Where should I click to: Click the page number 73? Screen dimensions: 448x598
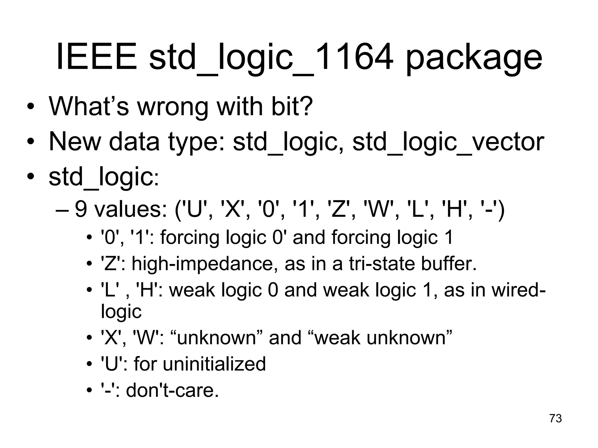pyautogui.click(x=555, y=418)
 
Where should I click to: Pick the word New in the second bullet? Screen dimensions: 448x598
pyautogui.click(x=74, y=142)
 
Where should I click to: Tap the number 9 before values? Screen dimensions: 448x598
pyautogui.click(x=81, y=209)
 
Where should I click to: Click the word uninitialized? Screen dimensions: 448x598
pyautogui.click(x=214, y=364)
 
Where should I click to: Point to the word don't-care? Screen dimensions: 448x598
pyautogui.click(x=172, y=390)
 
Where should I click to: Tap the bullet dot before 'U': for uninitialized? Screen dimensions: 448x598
pyautogui.click(x=89, y=365)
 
